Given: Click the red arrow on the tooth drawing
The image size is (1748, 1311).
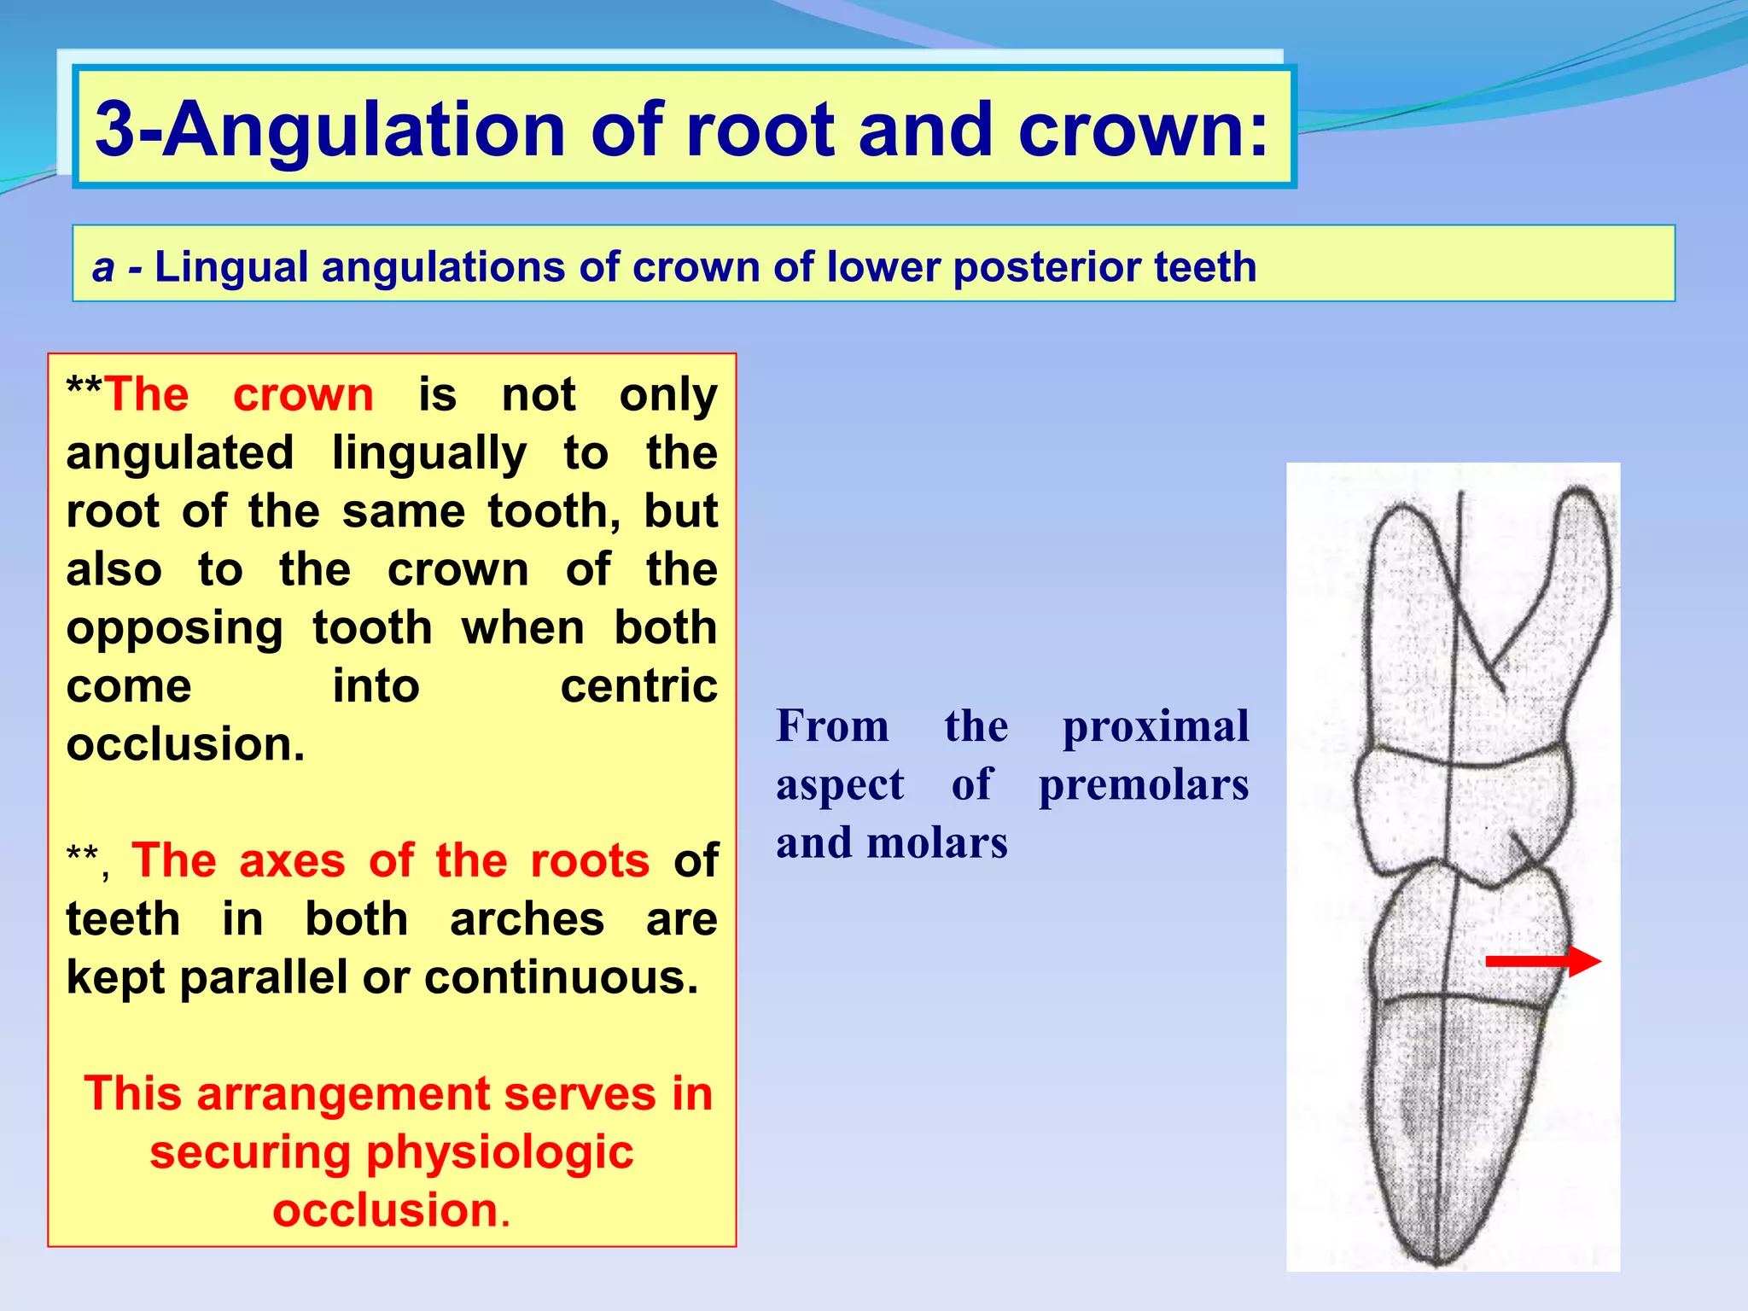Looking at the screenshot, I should coord(1542,961).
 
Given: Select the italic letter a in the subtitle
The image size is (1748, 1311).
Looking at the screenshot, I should coord(103,267).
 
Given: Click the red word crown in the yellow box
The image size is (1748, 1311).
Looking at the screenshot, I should coord(303,394).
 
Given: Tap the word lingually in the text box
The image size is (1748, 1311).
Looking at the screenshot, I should coord(428,452).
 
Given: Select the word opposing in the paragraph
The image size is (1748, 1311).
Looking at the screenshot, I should coord(174,628).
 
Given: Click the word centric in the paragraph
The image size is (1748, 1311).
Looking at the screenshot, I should coord(638,686).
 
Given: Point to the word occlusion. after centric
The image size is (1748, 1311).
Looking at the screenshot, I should coord(185,744).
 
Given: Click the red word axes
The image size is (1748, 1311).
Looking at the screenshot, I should coord(292,860).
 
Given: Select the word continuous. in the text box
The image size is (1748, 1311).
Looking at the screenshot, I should coord(561,977).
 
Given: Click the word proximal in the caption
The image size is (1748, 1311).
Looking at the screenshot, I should coord(1155,727).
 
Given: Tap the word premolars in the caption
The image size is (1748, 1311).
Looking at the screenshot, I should coord(1143,785).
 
